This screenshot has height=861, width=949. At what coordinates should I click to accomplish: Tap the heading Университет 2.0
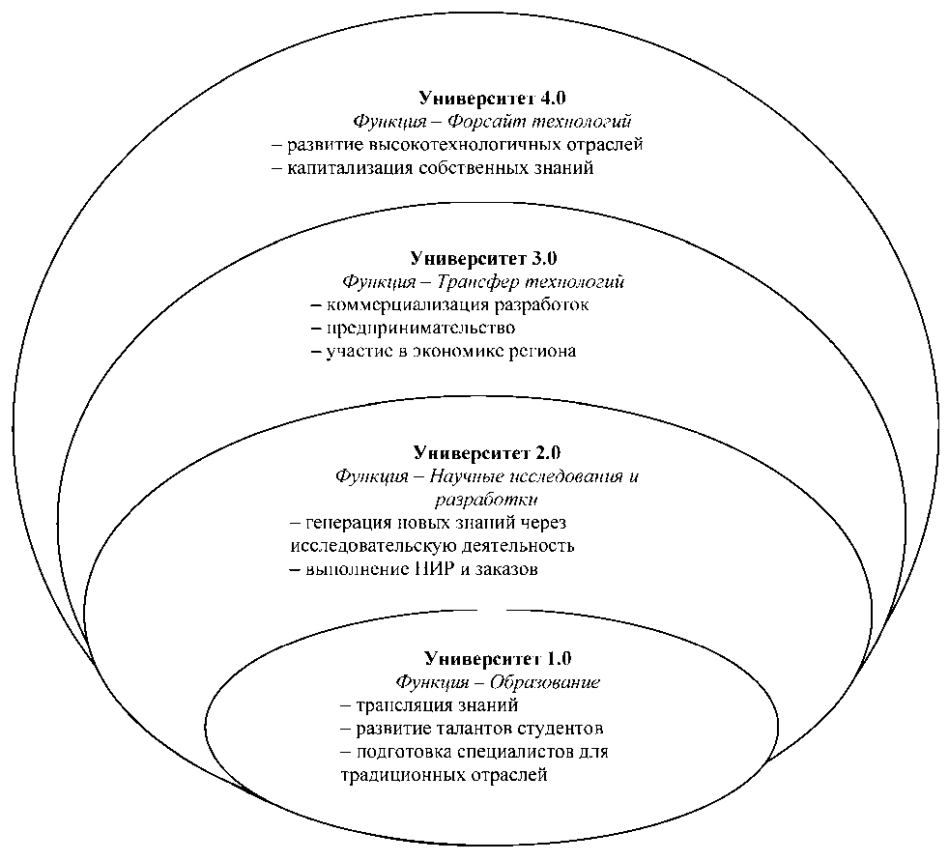click(x=486, y=452)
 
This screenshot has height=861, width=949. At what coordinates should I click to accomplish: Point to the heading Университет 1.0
click(x=496, y=658)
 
